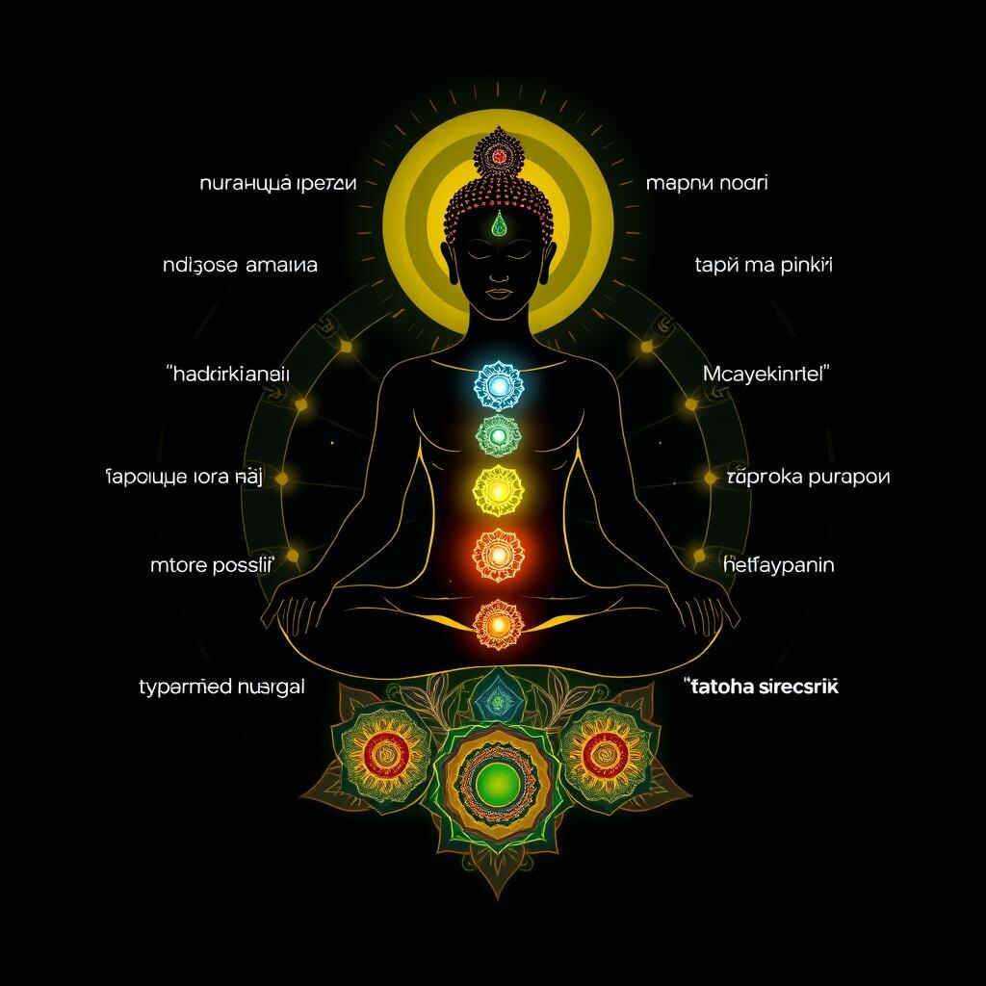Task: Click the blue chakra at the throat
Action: [x=498, y=387]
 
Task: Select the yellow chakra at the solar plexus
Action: [x=498, y=491]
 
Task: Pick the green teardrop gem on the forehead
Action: [x=499, y=225]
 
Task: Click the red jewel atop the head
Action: [x=498, y=154]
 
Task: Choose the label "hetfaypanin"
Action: [x=778, y=565]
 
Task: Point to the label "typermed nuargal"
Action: [x=221, y=688]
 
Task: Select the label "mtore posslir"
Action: [x=211, y=565]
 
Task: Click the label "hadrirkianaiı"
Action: [x=229, y=375]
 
